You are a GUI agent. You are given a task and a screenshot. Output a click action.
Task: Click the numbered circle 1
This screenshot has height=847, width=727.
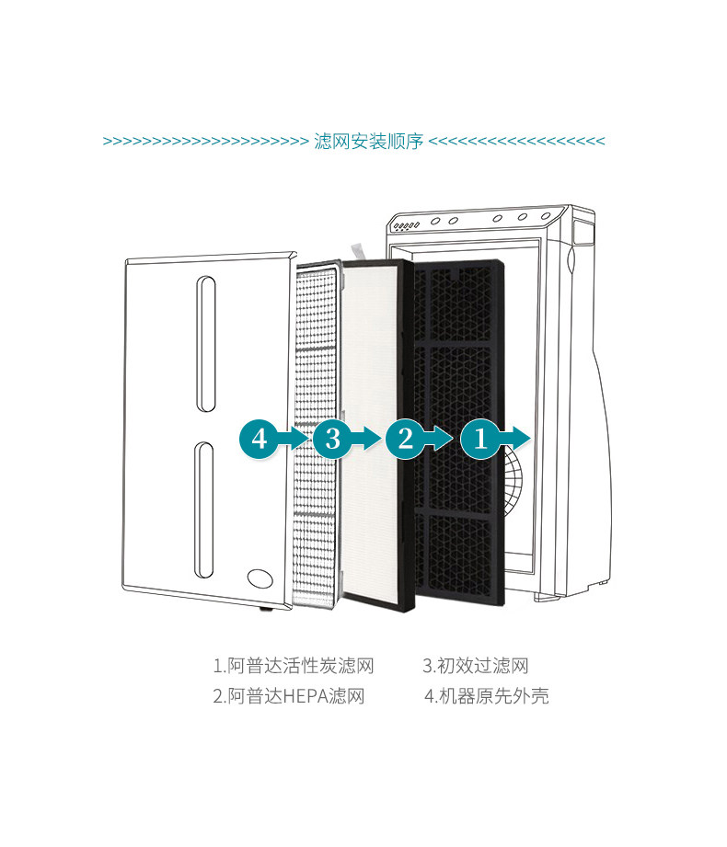coord(479,438)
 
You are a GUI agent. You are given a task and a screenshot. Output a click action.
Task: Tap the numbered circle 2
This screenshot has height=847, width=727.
coord(406,438)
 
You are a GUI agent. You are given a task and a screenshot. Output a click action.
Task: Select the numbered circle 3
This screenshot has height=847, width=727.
coord(332,438)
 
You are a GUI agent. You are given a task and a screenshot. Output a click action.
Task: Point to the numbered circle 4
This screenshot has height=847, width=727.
coord(260,438)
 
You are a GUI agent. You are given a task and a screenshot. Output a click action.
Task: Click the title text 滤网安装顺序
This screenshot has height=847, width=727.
coord(368,142)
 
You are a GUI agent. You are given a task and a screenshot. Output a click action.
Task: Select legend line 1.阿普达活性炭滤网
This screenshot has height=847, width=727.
coord(294,666)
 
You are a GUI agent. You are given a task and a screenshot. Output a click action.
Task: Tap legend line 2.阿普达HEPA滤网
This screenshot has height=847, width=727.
coord(289,696)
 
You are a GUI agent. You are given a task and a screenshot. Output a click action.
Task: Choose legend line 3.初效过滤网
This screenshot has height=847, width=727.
coord(476,666)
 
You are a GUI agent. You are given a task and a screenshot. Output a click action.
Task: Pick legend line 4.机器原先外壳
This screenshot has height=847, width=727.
coord(486,696)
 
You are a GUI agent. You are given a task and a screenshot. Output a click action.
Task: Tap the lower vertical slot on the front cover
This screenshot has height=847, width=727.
coord(204,510)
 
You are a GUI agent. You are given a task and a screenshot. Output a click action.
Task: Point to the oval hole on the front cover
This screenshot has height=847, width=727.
coord(260,578)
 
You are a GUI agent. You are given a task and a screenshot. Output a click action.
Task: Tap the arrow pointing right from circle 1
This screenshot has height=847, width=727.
coord(516,438)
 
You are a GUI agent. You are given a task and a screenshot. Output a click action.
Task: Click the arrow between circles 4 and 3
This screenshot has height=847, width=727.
coord(296,438)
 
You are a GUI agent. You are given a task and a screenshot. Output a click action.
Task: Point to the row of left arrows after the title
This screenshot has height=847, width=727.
coord(517,142)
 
